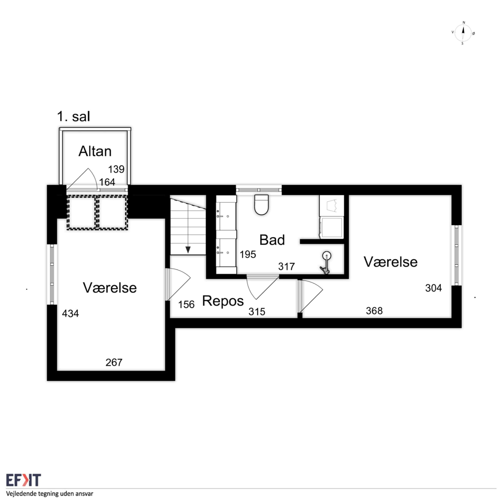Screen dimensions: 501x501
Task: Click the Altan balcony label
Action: point(95,151)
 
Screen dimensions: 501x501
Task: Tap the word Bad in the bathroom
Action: point(272,240)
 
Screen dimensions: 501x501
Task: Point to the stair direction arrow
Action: point(188,250)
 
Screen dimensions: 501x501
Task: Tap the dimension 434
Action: point(70,314)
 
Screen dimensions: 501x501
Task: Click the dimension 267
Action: point(114,362)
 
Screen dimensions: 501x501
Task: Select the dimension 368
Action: point(374,311)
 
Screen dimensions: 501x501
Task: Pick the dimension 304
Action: point(433,288)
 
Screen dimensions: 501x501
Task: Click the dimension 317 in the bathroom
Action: point(287,267)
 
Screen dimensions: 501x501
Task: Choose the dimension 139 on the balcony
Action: point(116,169)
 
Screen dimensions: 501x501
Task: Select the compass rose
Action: point(463,33)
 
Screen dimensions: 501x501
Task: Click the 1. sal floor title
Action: point(74,116)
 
